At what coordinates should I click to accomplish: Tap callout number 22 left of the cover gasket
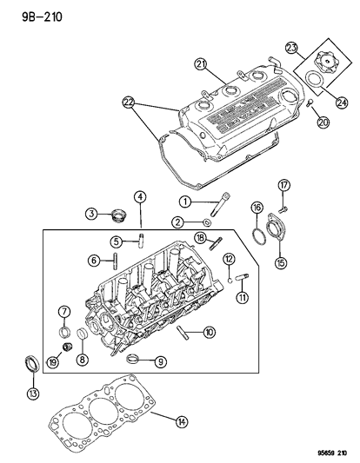129,103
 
